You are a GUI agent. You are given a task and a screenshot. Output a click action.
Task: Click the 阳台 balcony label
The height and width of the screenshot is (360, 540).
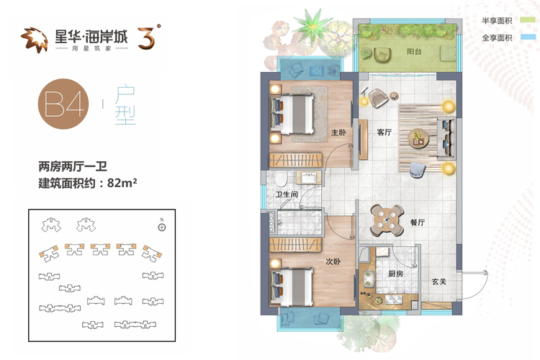coord(414,52)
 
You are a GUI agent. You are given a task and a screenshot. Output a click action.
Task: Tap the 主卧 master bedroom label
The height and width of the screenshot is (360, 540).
coord(338,132)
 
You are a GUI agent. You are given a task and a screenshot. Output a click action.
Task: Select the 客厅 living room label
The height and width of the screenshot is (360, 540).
coord(384,132)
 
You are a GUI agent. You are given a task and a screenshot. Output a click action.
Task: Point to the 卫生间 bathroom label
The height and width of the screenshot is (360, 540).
coord(287,194)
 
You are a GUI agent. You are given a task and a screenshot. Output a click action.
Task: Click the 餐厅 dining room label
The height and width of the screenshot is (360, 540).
coord(418,222)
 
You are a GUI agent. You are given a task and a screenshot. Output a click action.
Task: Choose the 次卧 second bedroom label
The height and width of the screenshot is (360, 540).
coord(333,262)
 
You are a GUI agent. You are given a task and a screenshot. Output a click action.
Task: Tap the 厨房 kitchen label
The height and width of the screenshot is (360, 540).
coord(395,274)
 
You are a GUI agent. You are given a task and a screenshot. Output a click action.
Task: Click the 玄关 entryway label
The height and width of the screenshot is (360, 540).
coord(439,282)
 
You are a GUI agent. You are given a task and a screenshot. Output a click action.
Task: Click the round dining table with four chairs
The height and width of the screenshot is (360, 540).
coord(387,220)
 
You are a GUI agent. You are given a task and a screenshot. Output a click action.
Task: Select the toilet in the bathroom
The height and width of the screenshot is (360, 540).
coord(281,179)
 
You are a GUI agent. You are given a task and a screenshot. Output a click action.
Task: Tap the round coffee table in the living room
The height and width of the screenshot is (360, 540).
coord(418,138)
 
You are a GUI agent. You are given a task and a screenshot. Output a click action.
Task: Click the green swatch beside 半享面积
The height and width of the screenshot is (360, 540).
coord(528,20)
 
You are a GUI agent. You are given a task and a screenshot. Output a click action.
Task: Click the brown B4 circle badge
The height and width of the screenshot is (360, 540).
coord(63,104)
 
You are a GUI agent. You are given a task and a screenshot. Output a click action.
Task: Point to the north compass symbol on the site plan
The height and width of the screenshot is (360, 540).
coord(162,227)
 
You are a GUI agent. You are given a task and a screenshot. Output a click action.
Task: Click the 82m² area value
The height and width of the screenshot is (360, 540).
coord(122,182)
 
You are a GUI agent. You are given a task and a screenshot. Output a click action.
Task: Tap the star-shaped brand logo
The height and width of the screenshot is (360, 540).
coord(35,40)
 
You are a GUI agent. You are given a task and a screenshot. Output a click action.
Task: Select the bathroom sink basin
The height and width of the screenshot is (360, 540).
coord(310,178)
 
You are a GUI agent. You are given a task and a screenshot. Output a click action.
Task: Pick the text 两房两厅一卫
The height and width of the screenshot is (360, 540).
coord(73,167)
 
